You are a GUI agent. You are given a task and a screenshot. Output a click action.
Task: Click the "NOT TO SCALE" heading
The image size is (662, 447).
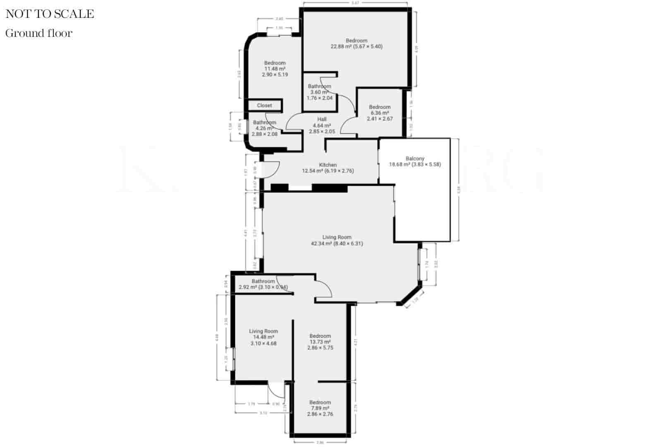(x=50, y=14)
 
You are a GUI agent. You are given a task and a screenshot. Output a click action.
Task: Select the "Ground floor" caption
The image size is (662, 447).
(x=39, y=33)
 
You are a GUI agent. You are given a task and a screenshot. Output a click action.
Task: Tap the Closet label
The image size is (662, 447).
(x=264, y=106)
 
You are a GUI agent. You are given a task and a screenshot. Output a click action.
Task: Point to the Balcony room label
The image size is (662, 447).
(x=415, y=159)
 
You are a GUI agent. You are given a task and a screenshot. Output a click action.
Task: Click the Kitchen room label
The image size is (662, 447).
(x=328, y=165)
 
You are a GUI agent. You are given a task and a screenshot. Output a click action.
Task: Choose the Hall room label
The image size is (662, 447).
(x=322, y=119)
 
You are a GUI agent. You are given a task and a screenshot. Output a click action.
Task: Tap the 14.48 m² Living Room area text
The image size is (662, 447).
(x=264, y=337)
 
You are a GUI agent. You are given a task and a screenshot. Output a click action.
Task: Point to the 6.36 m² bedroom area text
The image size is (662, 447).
(x=379, y=113)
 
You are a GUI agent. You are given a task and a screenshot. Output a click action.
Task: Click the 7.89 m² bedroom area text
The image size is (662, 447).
(x=320, y=408)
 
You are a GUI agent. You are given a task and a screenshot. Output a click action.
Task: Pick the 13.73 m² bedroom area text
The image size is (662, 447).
(x=320, y=342)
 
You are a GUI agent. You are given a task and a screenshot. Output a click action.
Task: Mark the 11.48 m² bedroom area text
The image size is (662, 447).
(x=275, y=69)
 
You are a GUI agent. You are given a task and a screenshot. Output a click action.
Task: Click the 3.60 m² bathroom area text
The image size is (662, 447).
(x=319, y=92)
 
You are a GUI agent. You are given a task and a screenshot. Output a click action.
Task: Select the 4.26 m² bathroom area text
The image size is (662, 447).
(x=264, y=128)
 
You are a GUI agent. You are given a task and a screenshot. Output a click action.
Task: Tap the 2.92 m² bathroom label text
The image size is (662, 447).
(x=263, y=287)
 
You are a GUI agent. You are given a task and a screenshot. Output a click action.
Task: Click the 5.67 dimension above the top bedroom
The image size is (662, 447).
(x=355, y=2)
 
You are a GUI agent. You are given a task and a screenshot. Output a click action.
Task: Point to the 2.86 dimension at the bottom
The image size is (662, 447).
(x=319, y=442)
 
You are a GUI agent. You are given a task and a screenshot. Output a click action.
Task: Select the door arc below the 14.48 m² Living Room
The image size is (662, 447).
(x=273, y=391)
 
